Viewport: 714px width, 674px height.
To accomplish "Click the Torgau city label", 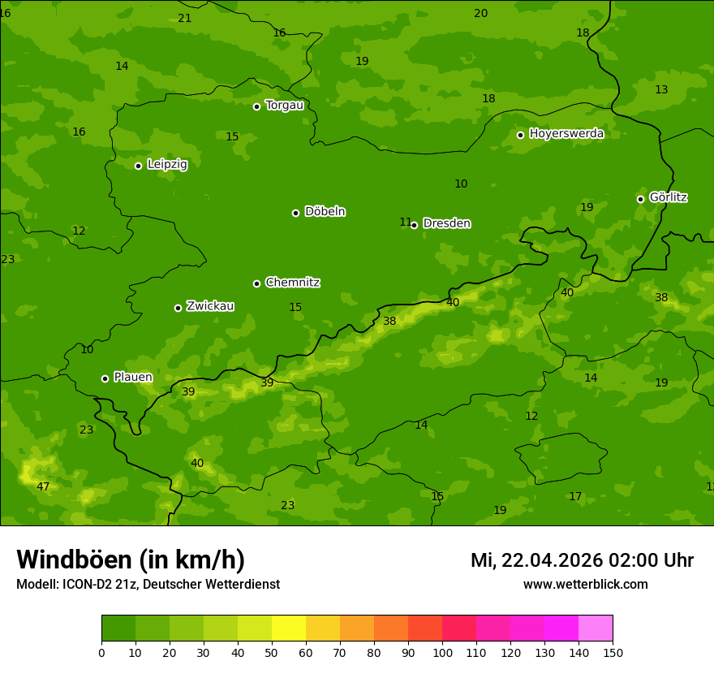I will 284,106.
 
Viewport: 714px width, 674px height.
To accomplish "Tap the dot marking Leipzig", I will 138,166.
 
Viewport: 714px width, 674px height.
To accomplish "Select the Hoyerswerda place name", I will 566,134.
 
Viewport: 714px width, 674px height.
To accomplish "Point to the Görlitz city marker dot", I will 640,199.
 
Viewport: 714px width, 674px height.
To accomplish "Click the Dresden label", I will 446,223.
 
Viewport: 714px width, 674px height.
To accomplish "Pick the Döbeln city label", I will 325,212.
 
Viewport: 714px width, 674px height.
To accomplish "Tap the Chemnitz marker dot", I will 256,283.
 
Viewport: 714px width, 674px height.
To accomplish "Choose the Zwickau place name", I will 210,306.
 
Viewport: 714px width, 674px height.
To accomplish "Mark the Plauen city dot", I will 105,378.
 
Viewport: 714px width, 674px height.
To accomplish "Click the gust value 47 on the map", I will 43,487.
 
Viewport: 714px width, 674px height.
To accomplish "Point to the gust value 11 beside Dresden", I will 405,223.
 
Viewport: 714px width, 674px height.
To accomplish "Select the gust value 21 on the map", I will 185,19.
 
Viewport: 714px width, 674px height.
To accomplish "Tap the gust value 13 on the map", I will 661,90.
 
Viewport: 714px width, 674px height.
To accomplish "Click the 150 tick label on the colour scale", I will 613,652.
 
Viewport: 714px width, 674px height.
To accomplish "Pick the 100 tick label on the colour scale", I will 442,652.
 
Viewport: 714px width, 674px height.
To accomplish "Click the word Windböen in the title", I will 74,560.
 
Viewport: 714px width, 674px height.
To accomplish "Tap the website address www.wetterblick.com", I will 585,585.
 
